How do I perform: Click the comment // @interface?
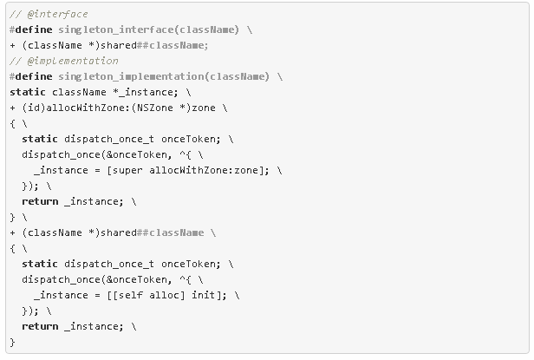click(49, 15)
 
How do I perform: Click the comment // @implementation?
click(63, 61)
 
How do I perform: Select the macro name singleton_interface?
click(110, 29)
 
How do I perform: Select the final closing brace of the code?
click(13, 342)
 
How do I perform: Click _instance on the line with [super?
click(60, 170)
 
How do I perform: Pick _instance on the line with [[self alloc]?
click(60, 295)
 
